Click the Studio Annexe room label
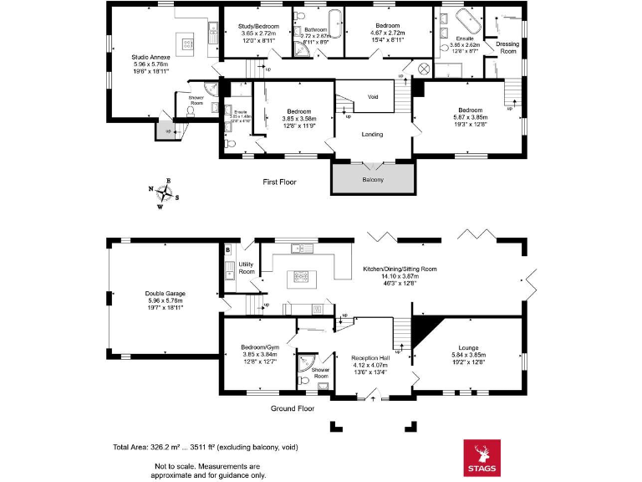[x=150, y=57]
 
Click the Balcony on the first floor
[x=373, y=180]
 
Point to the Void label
[x=373, y=97]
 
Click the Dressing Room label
[x=507, y=48]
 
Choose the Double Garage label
[x=165, y=294]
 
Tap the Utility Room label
[x=246, y=268]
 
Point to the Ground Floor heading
[x=293, y=409]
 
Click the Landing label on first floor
[x=372, y=134]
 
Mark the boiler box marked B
[x=227, y=249]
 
